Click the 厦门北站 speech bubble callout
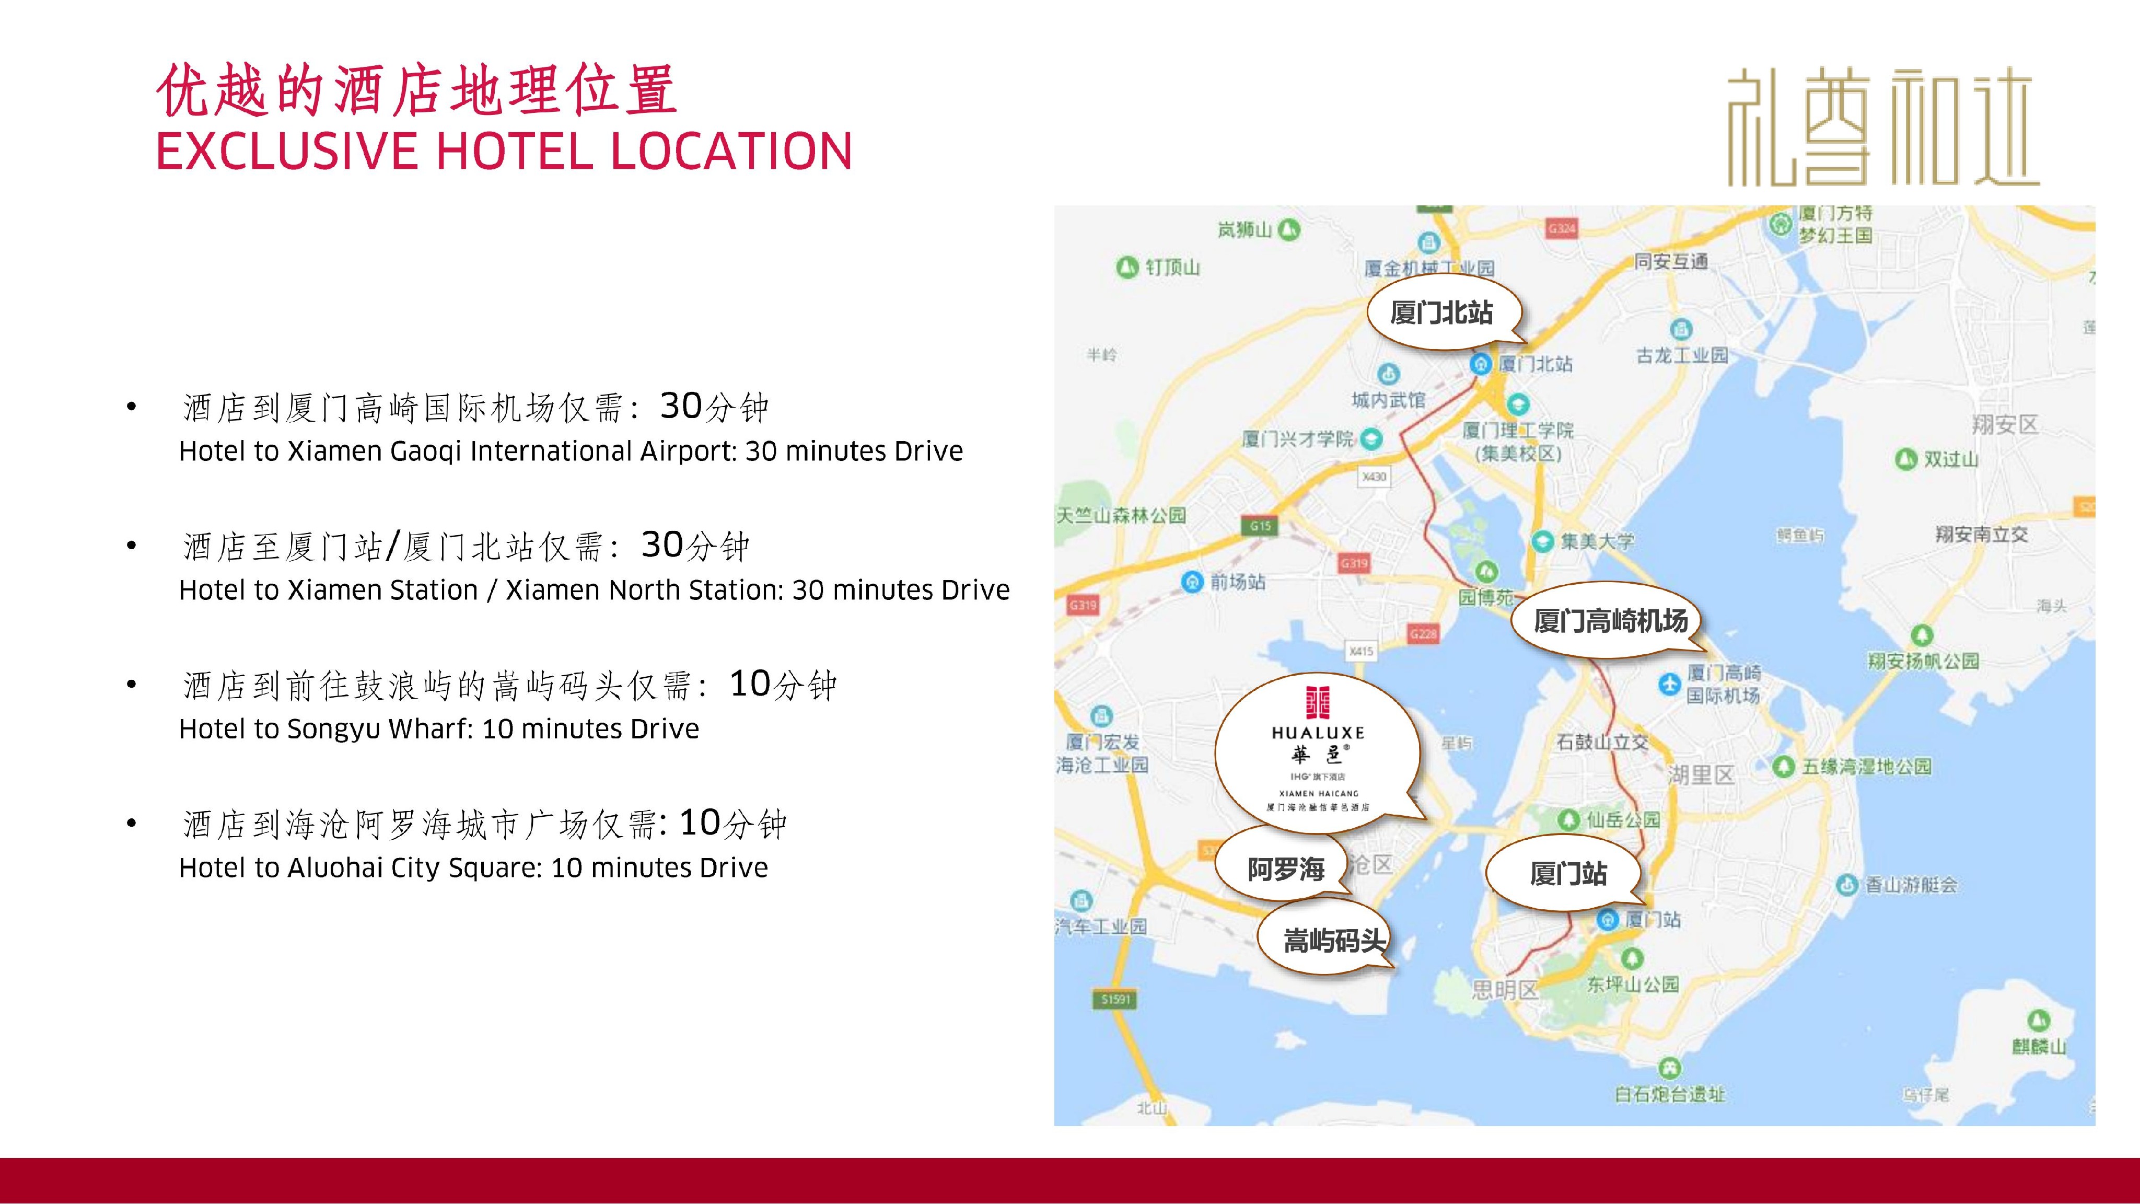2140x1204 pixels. pos(1441,313)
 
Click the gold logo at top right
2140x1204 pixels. pos(1882,126)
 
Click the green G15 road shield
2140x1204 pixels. pos(1260,525)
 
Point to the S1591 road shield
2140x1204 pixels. pos(1115,999)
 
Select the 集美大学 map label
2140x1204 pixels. pos(1596,542)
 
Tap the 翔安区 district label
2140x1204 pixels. pos(2005,425)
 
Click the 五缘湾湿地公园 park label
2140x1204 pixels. pos(1866,766)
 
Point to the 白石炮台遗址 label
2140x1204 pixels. pos(1670,1094)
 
